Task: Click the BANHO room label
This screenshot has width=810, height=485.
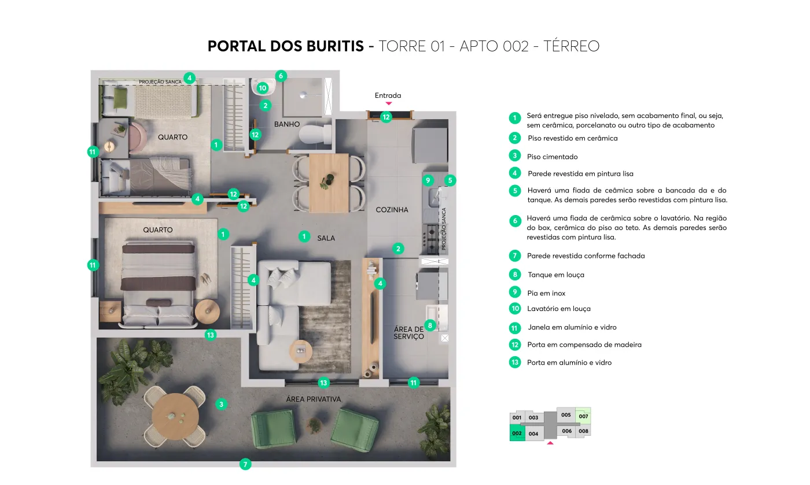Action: [x=287, y=124]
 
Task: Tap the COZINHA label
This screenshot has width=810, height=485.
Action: [x=392, y=210]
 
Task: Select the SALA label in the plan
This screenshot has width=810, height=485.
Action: [x=326, y=238]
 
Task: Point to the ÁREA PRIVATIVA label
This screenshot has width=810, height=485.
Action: [x=314, y=399]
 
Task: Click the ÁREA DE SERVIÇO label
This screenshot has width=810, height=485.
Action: [x=408, y=333]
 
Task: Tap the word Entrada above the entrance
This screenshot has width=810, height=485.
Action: [x=388, y=95]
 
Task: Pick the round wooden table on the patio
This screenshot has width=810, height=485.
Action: [x=175, y=416]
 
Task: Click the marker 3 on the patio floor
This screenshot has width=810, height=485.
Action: [x=221, y=404]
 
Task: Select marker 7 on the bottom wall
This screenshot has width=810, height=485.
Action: [x=245, y=464]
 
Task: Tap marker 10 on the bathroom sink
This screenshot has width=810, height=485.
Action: [x=263, y=88]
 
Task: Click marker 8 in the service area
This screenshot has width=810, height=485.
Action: [x=430, y=325]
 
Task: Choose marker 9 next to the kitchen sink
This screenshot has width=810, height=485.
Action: [x=428, y=180]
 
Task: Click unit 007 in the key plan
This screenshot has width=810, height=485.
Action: [x=583, y=416]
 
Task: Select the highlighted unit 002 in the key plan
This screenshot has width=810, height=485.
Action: [x=517, y=433]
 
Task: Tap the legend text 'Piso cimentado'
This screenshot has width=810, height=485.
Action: [x=552, y=157]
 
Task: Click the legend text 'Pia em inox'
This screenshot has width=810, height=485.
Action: [x=546, y=293]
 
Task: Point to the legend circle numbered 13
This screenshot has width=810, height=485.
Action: [x=515, y=362]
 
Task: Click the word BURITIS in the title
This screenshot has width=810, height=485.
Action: [x=335, y=46]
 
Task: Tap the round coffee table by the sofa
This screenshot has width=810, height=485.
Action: [x=300, y=351]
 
